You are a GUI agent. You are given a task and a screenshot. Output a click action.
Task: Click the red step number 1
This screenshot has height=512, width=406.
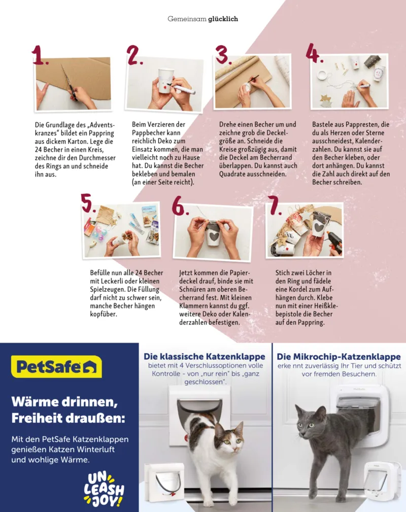click(x=40, y=55)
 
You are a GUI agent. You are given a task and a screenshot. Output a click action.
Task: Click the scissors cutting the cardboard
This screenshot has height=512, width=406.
click(x=69, y=82)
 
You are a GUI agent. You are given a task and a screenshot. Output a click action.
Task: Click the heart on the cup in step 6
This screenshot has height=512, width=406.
click(x=214, y=237)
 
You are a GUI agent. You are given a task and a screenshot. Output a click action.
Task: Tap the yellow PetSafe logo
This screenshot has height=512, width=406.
click(x=56, y=367)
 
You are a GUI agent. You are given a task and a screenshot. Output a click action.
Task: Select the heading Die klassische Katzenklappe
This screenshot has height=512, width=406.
click(x=204, y=357)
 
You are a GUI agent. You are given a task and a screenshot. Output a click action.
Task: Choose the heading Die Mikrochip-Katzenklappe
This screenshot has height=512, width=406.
click(x=339, y=357)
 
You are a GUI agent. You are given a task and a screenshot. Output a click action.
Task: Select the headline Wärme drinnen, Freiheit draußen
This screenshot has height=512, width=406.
click(x=67, y=411)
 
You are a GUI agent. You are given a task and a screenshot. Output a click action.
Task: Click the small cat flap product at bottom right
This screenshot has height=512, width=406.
click(x=382, y=481)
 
